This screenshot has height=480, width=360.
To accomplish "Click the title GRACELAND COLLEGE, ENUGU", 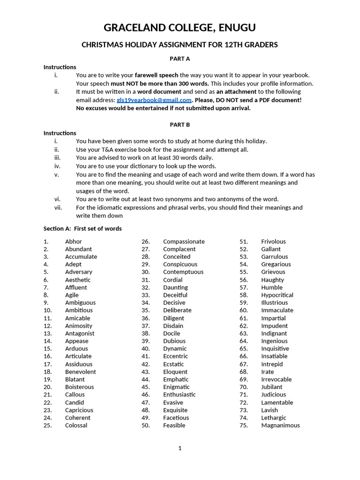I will [180, 28].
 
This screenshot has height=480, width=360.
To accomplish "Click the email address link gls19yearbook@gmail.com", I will [154, 100].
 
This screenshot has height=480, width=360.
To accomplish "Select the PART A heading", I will [180, 59].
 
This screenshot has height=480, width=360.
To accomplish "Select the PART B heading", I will [180, 125].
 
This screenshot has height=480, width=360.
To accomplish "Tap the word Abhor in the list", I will [73, 241].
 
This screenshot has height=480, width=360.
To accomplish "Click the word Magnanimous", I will [280, 425].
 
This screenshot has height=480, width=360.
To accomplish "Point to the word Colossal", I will [76, 425].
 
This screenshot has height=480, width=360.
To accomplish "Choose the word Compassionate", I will [184, 241].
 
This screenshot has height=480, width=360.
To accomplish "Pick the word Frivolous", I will [273, 241].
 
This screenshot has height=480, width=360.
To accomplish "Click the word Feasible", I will [174, 425].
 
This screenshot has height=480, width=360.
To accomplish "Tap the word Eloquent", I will [175, 372].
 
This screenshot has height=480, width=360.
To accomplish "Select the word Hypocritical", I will [277, 295].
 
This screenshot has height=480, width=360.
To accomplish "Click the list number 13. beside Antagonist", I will [48, 333].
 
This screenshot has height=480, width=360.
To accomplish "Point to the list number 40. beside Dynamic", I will [145, 348].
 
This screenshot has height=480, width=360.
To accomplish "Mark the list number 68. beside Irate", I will [243, 372].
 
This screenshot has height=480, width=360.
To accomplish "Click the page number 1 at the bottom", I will [180, 448].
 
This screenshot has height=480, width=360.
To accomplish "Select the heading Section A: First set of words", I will [82, 229].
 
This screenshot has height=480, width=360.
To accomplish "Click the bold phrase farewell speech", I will [156, 75].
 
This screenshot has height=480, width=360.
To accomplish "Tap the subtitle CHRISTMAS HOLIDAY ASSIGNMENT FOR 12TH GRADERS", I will [180, 45].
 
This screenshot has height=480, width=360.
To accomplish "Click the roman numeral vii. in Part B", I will [58, 207].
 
